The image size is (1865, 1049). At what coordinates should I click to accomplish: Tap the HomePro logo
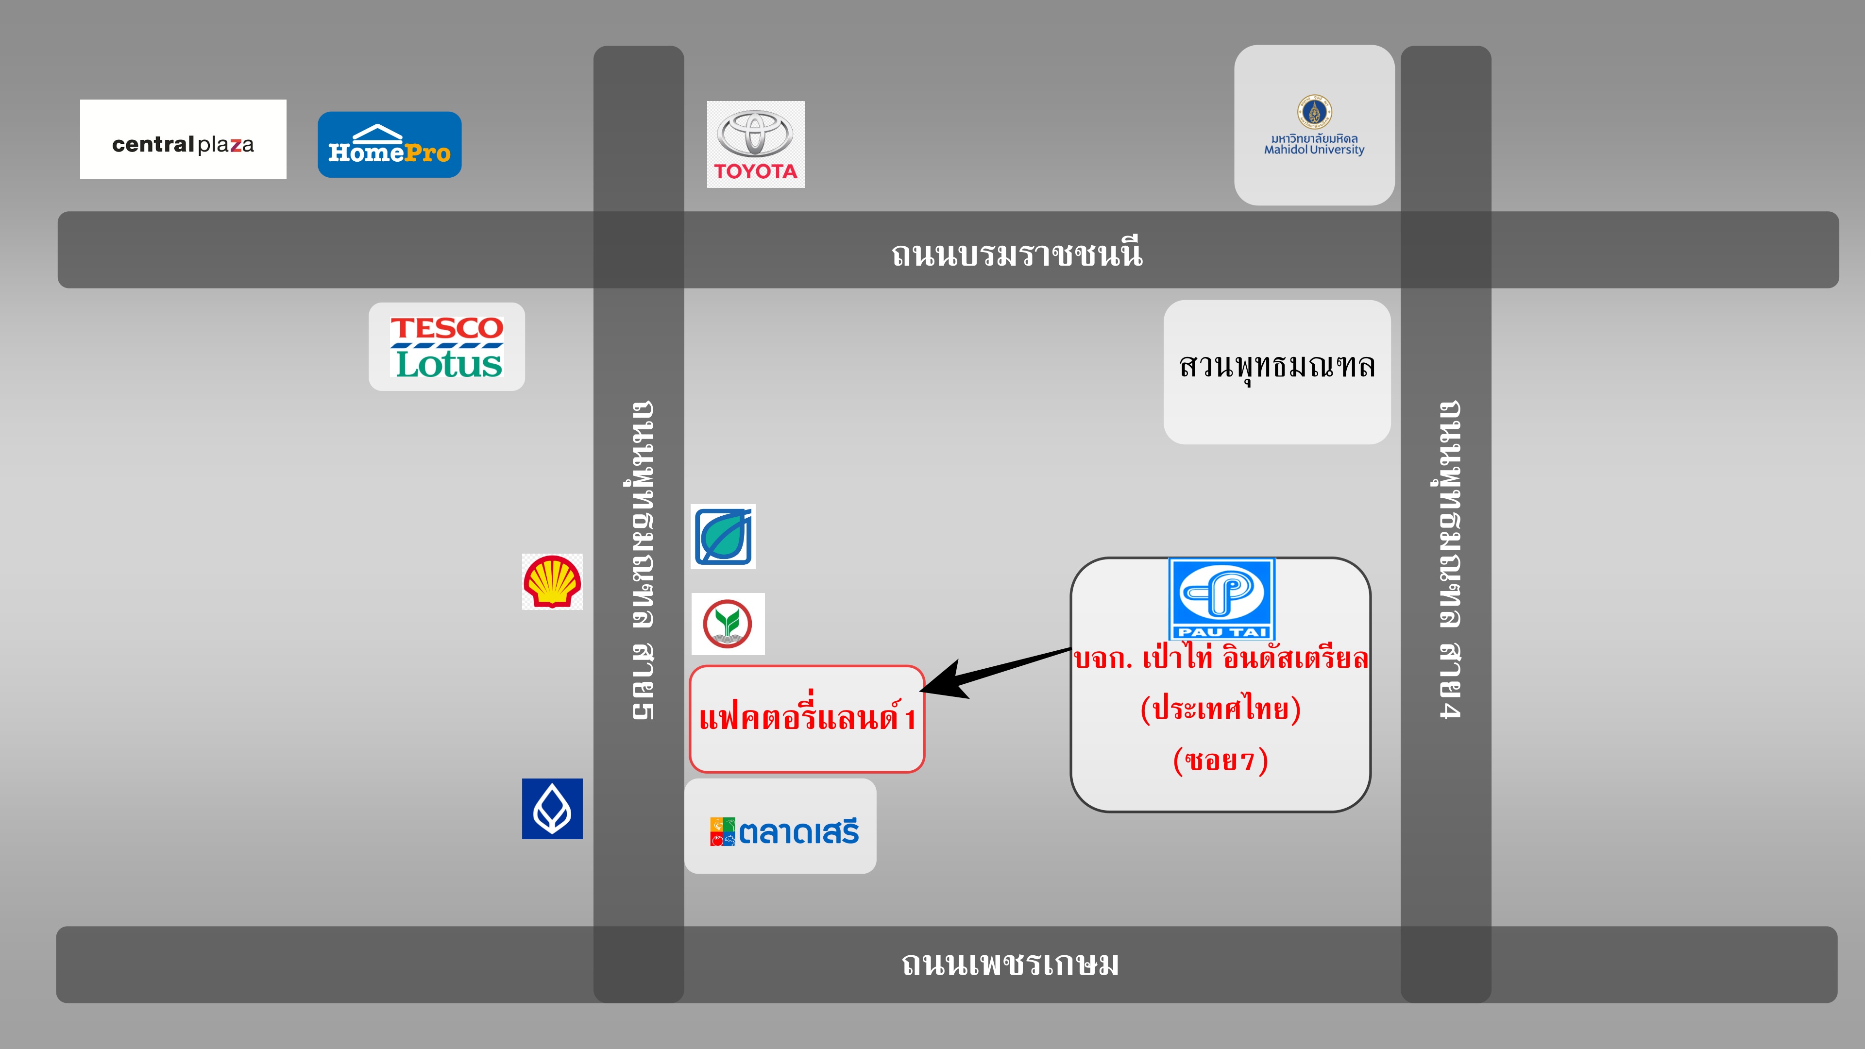pyautogui.click(x=390, y=145)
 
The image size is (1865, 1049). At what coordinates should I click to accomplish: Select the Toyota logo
pyautogui.click(x=755, y=144)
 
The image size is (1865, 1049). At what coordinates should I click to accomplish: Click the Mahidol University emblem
pyautogui.click(x=1314, y=112)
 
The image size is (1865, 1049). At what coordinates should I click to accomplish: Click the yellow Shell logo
pyautogui.click(x=552, y=581)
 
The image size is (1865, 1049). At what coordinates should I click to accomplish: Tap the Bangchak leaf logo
pyautogui.click(x=723, y=537)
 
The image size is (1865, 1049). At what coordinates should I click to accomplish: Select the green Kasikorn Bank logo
pyautogui.click(x=727, y=623)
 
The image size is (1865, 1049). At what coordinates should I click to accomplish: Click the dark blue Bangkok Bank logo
pyautogui.click(x=552, y=809)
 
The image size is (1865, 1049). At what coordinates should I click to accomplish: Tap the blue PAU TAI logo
pyautogui.click(x=1221, y=598)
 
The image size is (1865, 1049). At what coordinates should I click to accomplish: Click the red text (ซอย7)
pyautogui.click(x=1221, y=760)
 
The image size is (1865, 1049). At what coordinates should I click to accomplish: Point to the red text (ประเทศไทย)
pyautogui.click(x=1221, y=708)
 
